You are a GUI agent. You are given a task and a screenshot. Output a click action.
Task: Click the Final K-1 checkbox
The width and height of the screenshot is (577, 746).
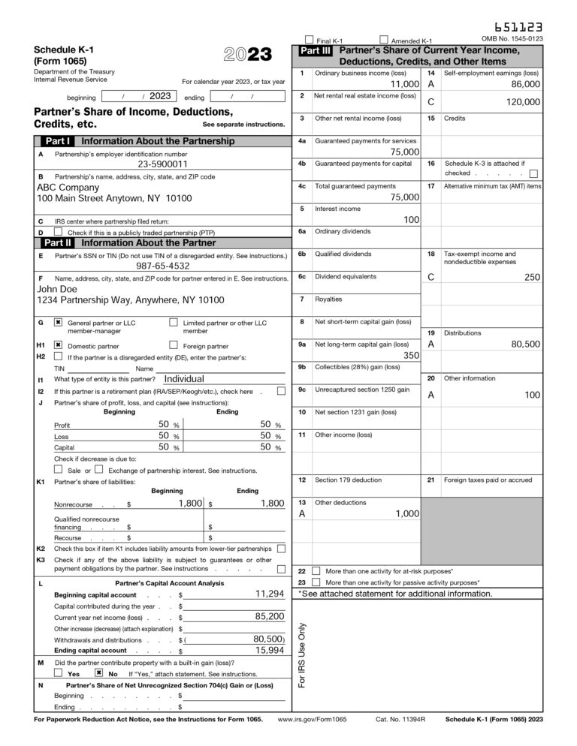tap(309, 39)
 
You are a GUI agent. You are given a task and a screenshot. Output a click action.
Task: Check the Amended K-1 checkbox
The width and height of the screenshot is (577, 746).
tap(384, 39)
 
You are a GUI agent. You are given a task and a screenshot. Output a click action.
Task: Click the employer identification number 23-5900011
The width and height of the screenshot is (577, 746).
tap(162, 164)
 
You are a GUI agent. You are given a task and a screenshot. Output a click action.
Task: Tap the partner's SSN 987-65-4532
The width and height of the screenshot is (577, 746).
tap(162, 266)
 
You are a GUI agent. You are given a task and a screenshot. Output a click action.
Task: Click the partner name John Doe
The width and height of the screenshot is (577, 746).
tap(57, 288)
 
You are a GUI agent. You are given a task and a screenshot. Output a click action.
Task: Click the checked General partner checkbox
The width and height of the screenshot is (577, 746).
tap(58, 323)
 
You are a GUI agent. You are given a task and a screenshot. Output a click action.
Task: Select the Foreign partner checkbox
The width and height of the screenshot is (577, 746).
tap(174, 345)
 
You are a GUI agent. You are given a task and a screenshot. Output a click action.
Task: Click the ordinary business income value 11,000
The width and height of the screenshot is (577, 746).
tap(399, 85)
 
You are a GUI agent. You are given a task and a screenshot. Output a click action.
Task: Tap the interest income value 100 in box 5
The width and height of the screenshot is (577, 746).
tap(411, 220)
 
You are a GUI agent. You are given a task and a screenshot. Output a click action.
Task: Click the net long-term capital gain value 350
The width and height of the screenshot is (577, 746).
tap(411, 356)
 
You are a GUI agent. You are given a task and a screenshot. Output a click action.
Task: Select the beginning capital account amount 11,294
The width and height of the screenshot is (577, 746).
tap(269, 594)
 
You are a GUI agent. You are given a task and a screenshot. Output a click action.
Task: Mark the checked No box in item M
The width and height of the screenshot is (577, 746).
tap(98, 673)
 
